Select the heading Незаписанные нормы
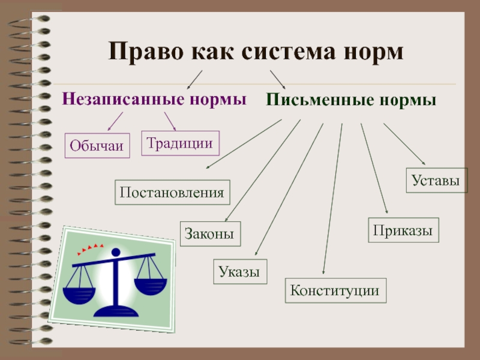tap(155, 99)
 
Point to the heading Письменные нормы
tap(351, 100)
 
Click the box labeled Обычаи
tap(97, 146)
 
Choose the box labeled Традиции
tap(180, 144)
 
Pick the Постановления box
tap(173, 193)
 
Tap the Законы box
tap(210, 234)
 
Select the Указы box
tap(239, 272)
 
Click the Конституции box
tap(335, 291)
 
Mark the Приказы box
tap(403, 230)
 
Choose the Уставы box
tap(436, 180)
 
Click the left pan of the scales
tap(82, 293)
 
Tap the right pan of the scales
tap(151, 283)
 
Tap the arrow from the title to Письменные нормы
tap(277, 79)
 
